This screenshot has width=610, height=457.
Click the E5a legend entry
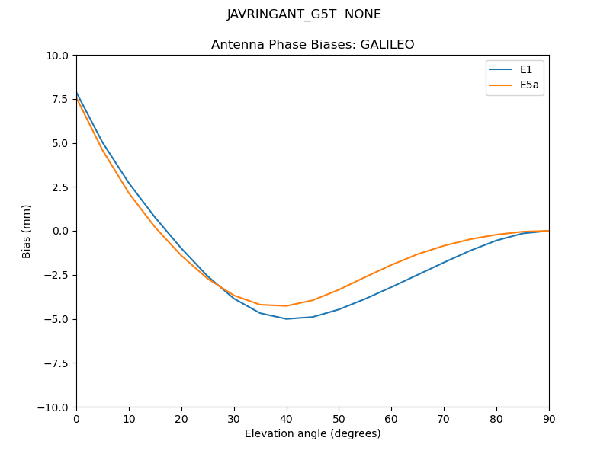(529, 85)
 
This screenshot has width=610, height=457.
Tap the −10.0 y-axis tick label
(54, 407)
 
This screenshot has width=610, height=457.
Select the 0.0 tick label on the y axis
(59, 231)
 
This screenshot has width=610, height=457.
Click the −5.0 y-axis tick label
(56, 319)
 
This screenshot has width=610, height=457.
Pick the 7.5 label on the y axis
(59, 99)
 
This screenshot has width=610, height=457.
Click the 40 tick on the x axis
(286, 418)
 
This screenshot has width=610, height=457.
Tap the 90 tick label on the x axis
(548, 418)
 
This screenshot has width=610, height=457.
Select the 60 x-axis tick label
(391, 418)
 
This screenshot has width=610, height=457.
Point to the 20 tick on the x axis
(181, 418)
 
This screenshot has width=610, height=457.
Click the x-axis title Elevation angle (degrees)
(313, 434)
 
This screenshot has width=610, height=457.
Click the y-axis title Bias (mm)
(27, 231)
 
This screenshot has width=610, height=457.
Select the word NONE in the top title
(363, 14)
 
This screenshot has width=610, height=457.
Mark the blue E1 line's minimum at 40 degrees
(287, 318)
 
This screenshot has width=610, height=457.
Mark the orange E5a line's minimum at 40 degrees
(287, 305)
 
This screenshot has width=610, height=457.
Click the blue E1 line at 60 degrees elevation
(391, 287)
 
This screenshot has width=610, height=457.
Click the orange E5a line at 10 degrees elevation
(129, 193)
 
